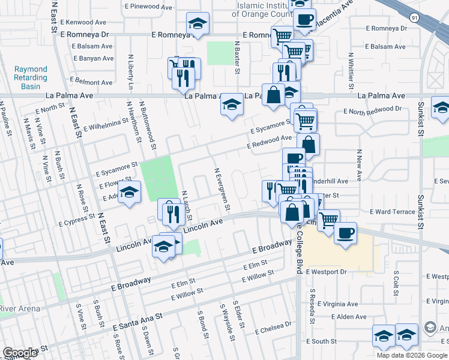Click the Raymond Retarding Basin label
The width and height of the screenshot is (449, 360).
[x=31, y=78]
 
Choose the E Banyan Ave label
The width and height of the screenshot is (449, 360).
[x=92, y=59]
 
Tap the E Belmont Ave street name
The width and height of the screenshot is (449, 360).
[x=92, y=80]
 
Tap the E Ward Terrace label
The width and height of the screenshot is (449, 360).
[x=392, y=212]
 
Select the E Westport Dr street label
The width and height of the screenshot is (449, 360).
[x=327, y=272]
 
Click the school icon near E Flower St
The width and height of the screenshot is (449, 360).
[x=128, y=193]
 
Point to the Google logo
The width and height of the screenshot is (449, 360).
[x=20, y=353]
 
